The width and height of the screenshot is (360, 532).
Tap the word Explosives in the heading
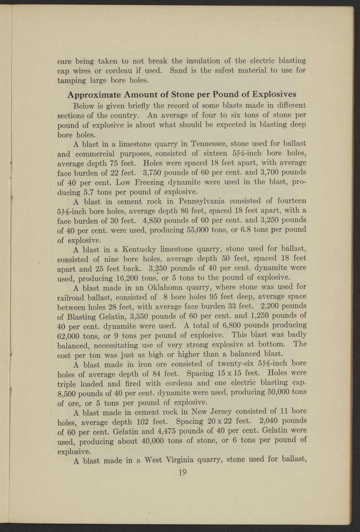(274, 94)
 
